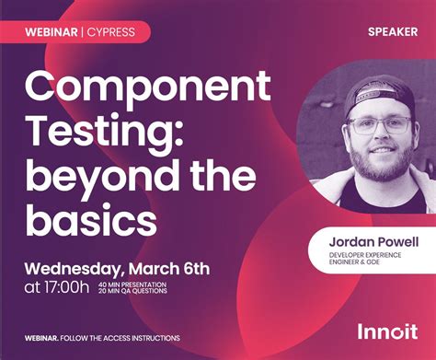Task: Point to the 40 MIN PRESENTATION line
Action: [x=132, y=285]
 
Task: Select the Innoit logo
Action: [x=386, y=330]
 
